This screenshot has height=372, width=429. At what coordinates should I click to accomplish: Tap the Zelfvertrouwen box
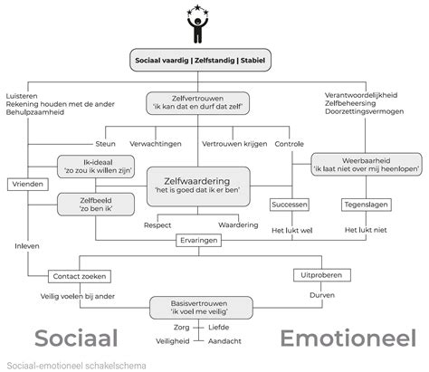click(x=199, y=102)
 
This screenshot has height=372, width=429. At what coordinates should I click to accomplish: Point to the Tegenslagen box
click(x=365, y=205)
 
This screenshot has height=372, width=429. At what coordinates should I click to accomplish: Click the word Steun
click(x=106, y=143)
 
